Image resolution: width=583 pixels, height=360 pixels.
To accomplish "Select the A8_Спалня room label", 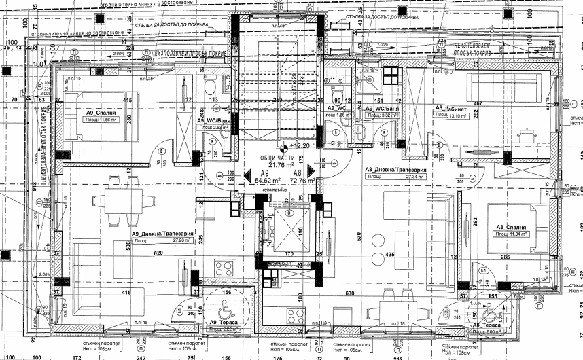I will (510, 226).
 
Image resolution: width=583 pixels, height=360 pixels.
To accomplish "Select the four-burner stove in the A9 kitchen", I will (296, 316).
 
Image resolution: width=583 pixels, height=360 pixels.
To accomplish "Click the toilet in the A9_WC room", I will (337, 94).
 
